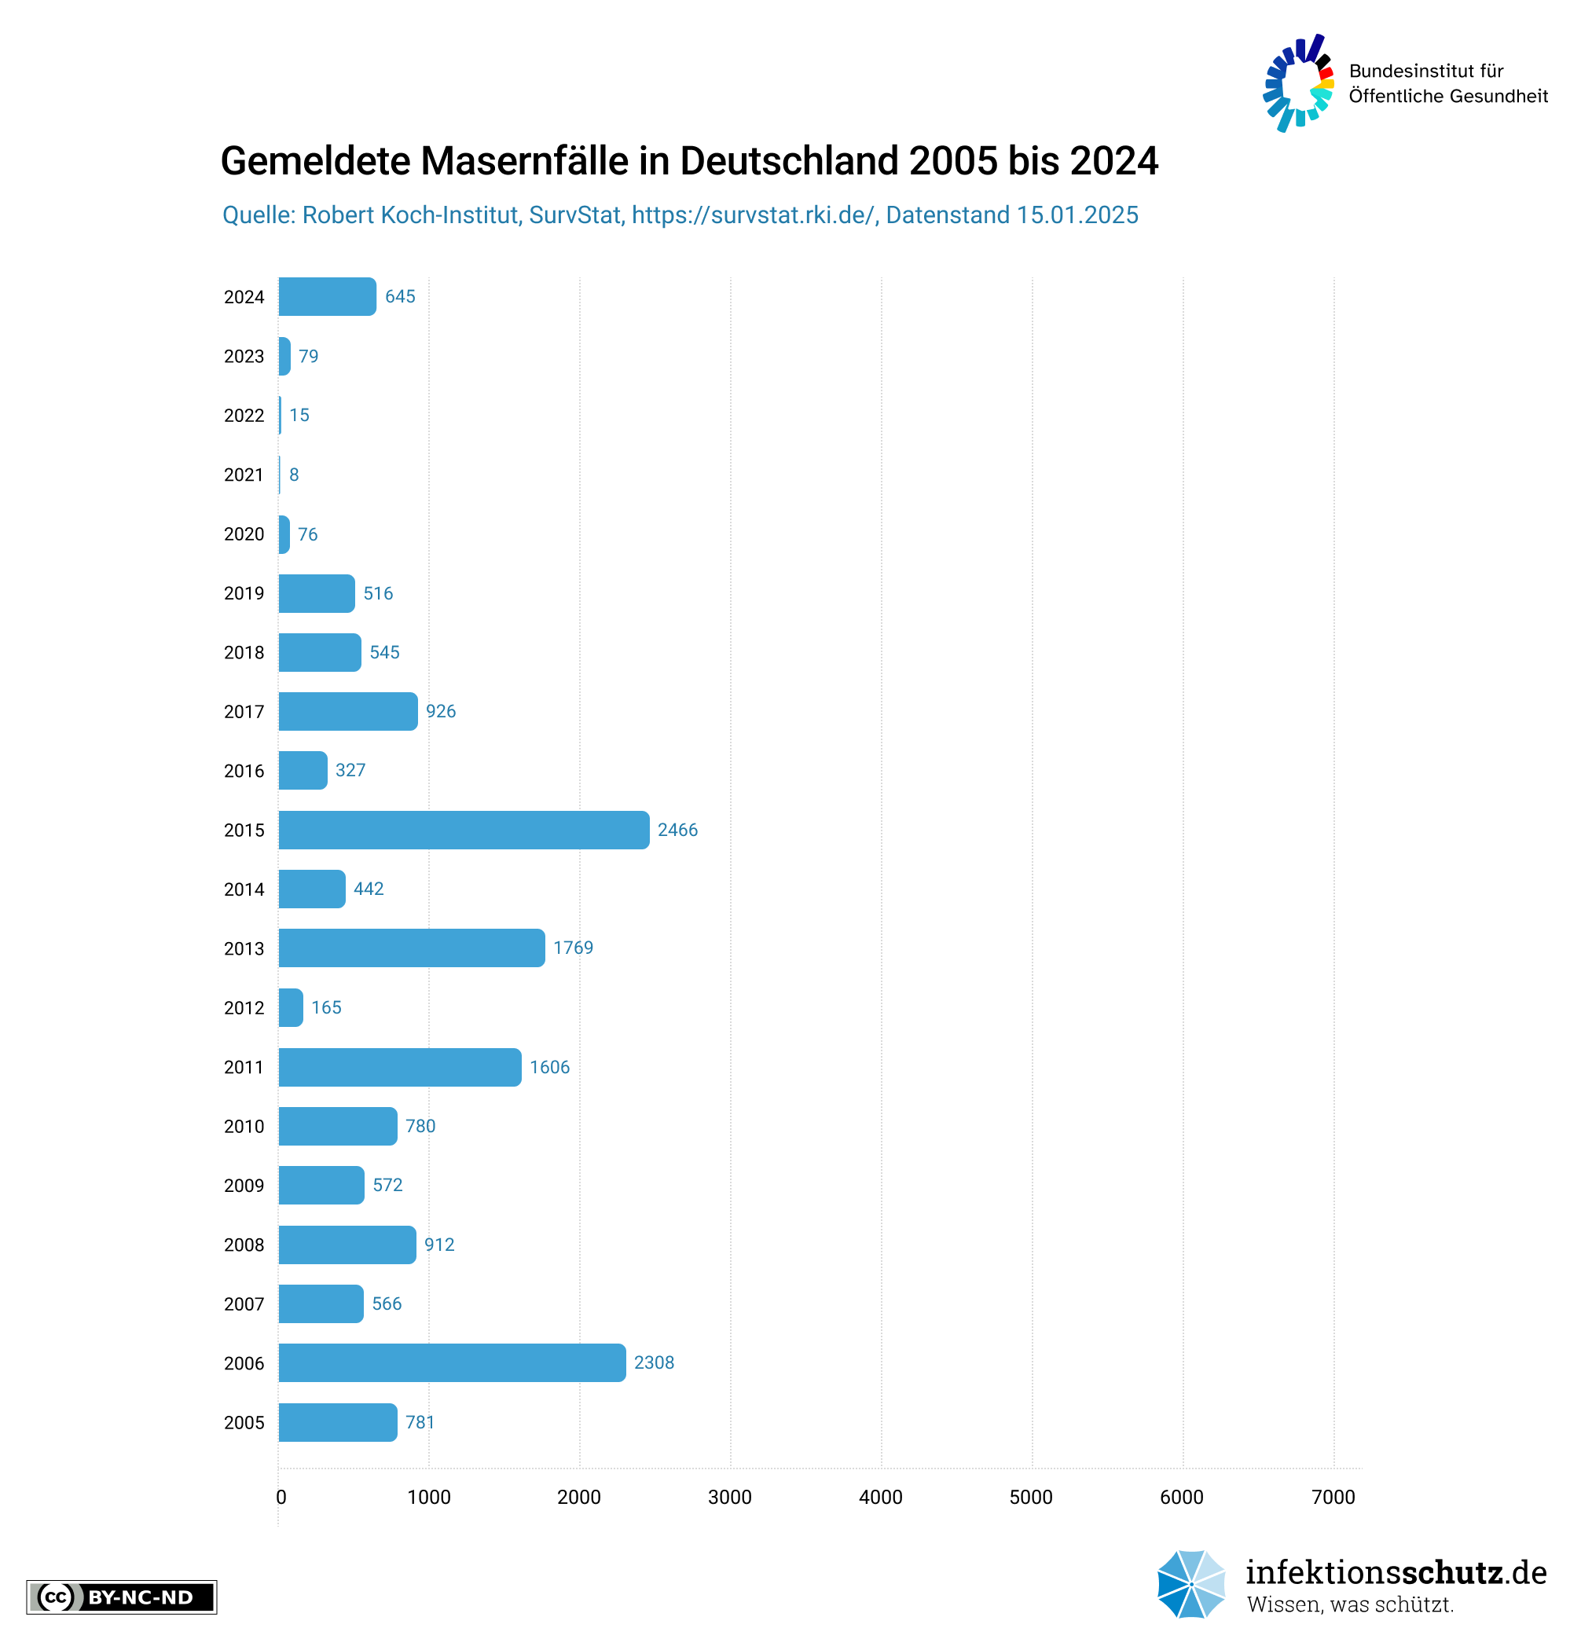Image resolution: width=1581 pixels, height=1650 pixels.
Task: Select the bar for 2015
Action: pyautogui.click(x=463, y=830)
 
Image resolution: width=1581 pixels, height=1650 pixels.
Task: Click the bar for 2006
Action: pyautogui.click(x=452, y=1363)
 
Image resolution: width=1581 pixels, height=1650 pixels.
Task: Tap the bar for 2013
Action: pyautogui.click(x=412, y=948)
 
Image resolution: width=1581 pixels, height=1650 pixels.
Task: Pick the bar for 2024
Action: pyautogui.click(x=328, y=296)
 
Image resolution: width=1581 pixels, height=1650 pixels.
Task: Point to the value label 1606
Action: pyautogui.click(x=549, y=1068)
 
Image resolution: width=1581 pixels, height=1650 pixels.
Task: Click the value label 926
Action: pyautogui.click(x=440, y=711)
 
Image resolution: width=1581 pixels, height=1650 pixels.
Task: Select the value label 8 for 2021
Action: pyautogui.click(x=294, y=475)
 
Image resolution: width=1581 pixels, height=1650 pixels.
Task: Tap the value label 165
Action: pyautogui.click(x=326, y=1007)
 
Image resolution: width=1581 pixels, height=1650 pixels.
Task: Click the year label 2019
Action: pyautogui.click(x=244, y=593)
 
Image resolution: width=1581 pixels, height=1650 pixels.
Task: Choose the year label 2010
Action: pyautogui.click(x=244, y=1127)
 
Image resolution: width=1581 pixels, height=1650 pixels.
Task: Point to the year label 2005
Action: pyautogui.click(x=244, y=1423)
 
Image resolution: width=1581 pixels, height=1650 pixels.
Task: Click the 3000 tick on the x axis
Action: pyautogui.click(x=729, y=1497)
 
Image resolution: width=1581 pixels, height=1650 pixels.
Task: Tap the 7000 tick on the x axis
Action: pyautogui.click(x=1333, y=1497)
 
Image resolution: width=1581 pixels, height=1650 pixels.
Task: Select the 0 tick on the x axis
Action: pyautogui.click(x=281, y=1497)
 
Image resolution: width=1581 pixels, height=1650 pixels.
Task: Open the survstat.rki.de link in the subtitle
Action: pyautogui.click(x=754, y=215)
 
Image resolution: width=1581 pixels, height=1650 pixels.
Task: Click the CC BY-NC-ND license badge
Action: pyautogui.click(x=121, y=1597)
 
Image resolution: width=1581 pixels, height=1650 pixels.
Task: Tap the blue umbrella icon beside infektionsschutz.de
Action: pyautogui.click(x=1190, y=1584)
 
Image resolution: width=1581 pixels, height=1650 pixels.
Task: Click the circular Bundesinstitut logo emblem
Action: pyautogui.click(x=1298, y=83)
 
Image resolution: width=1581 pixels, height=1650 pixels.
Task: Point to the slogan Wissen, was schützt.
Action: pyautogui.click(x=1349, y=1604)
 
